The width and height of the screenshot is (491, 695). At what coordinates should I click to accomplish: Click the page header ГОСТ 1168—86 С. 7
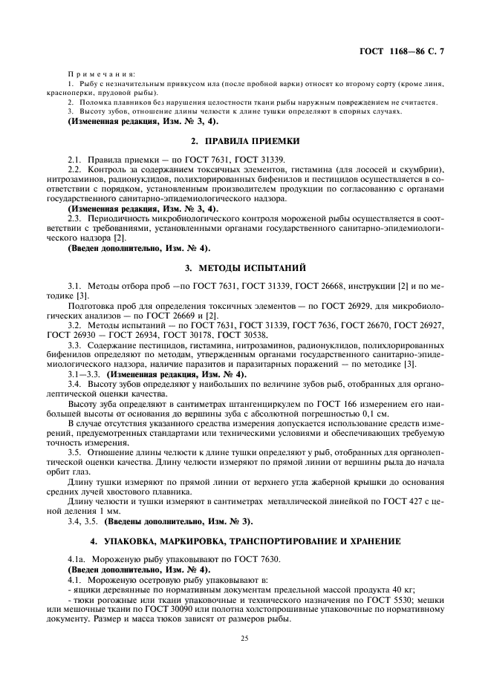point(404,52)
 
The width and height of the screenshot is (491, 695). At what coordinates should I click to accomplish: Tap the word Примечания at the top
point(100,75)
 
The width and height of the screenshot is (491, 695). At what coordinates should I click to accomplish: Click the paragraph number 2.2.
point(75,170)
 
